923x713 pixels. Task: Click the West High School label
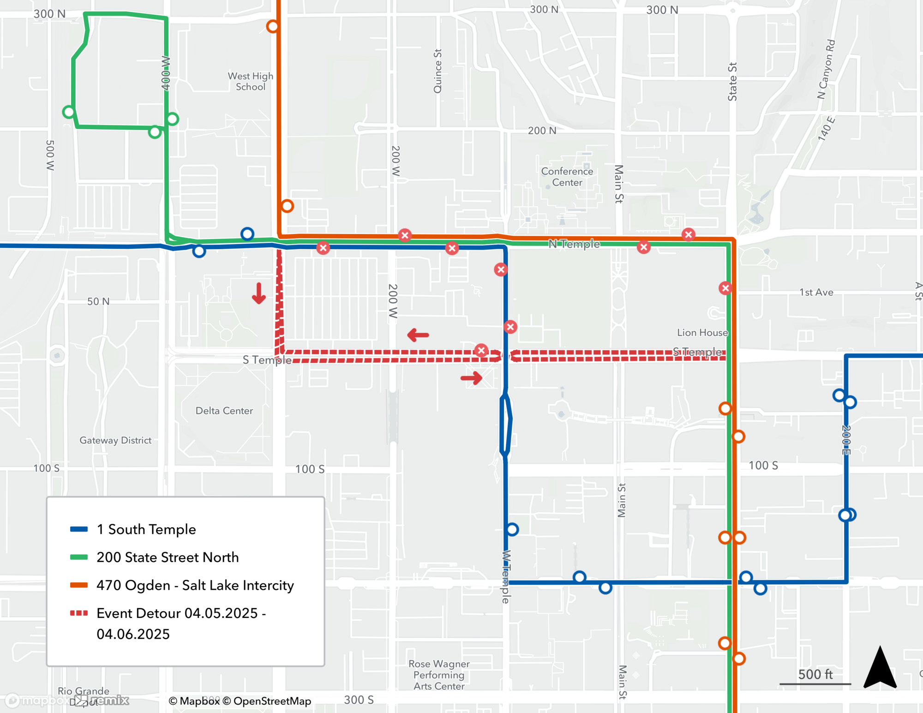[x=250, y=81]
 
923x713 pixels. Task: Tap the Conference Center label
[x=567, y=177]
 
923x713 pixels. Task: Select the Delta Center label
[x=224, y=411]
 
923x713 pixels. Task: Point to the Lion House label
[x=702, y=332]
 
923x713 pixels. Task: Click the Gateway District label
[x=115, y=440]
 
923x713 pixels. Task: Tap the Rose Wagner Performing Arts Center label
[x=439, y=675]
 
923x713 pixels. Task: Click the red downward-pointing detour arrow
[x=259, y=294]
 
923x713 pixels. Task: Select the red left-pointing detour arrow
[x=418, y=335]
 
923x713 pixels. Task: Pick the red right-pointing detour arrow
[x=471, y=378]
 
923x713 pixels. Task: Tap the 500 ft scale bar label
[x=815, y=674]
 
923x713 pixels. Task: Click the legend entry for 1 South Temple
[x=146, y=529]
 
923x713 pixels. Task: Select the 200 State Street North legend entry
[x=167, y=557]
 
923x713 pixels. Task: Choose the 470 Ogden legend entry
[x=195, y=585]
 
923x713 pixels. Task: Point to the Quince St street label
[x=438, y=71]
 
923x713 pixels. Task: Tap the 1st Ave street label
[x=816, y=292]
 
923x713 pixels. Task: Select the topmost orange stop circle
[x=273, y=26]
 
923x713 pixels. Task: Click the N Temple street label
[x=574, y=244]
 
